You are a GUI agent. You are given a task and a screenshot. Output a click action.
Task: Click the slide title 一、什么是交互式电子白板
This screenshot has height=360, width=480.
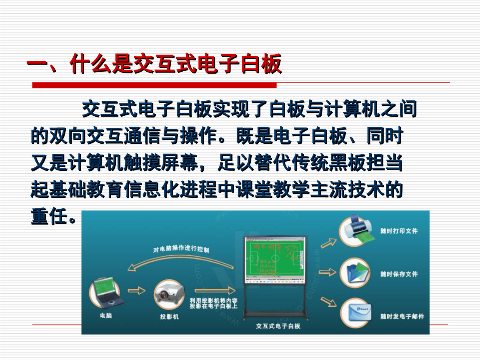pos(154,65)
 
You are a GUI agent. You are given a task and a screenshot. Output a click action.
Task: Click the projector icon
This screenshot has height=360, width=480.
pos(169,295)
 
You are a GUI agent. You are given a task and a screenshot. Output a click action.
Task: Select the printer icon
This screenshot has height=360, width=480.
pos(355,230)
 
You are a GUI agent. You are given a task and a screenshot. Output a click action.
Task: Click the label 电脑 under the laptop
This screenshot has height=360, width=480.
pos(106,315)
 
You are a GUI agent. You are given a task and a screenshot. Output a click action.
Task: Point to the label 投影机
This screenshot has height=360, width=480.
pos(169,317)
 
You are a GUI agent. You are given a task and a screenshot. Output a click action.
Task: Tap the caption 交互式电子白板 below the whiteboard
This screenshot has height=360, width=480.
pos(278,326)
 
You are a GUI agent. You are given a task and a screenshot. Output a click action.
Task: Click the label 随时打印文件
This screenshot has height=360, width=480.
pos(399,230)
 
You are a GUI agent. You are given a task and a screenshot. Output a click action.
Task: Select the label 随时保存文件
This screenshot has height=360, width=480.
pos(399,274)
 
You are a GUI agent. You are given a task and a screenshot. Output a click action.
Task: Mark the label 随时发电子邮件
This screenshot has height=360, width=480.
pos(402,316)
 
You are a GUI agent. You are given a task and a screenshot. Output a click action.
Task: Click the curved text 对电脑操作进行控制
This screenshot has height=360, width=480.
pos(181,249)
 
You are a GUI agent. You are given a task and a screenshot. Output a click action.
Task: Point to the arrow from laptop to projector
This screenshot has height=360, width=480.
pos(137,290)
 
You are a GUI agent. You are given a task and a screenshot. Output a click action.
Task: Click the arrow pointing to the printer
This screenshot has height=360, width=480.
pos(328,242)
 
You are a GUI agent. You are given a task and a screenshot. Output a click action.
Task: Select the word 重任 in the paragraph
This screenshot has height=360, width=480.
pos(49,217)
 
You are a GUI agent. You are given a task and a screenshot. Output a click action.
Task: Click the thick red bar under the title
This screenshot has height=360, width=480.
pos(154,85)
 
